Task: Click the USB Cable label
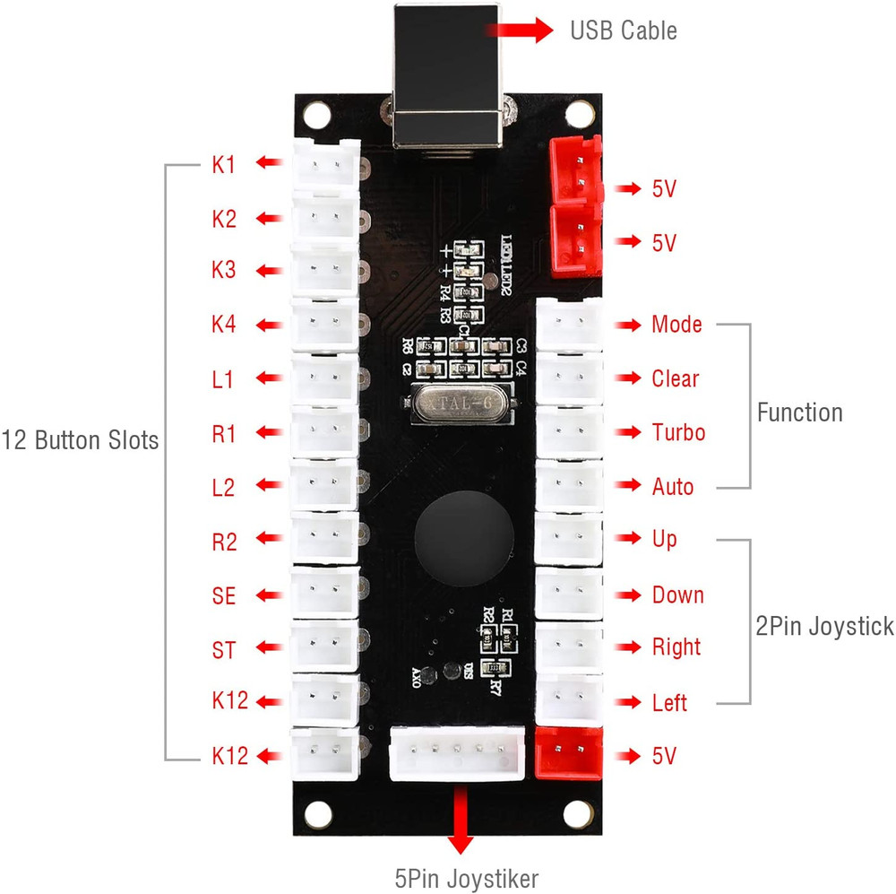coord(624,31)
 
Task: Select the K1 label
coord(223,164)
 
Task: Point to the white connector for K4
coord(324,324)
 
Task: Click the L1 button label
coord(223,379)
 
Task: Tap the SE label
coord(223,595)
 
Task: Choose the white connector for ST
coord(324,647)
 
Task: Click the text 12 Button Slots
coord(80,441)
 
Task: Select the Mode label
coord(676,325)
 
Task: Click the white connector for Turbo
coord(569,431)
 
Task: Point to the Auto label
coord(673,487)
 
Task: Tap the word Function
coord(799,412)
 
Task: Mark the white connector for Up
coord(569,539)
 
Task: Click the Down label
coord(677,595)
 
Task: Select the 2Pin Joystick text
coord(824,626)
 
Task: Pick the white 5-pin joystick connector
coord(457,754)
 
